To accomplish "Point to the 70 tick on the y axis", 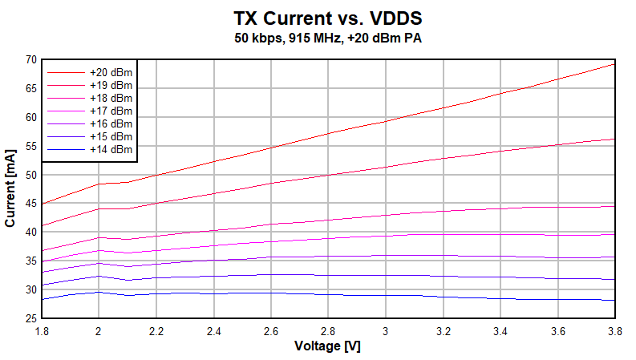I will [x=30, y=59].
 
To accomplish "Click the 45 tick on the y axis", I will [x=30, y=203].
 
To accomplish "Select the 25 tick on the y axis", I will [x=30, y=318].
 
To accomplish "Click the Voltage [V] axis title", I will [x=327, y=347].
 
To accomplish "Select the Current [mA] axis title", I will [x=10, y=188].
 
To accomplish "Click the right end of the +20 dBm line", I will [x=614, y=63].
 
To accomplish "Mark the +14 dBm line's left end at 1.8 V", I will [x=41, y=300].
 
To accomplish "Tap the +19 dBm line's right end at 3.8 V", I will [x=614, y=139].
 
